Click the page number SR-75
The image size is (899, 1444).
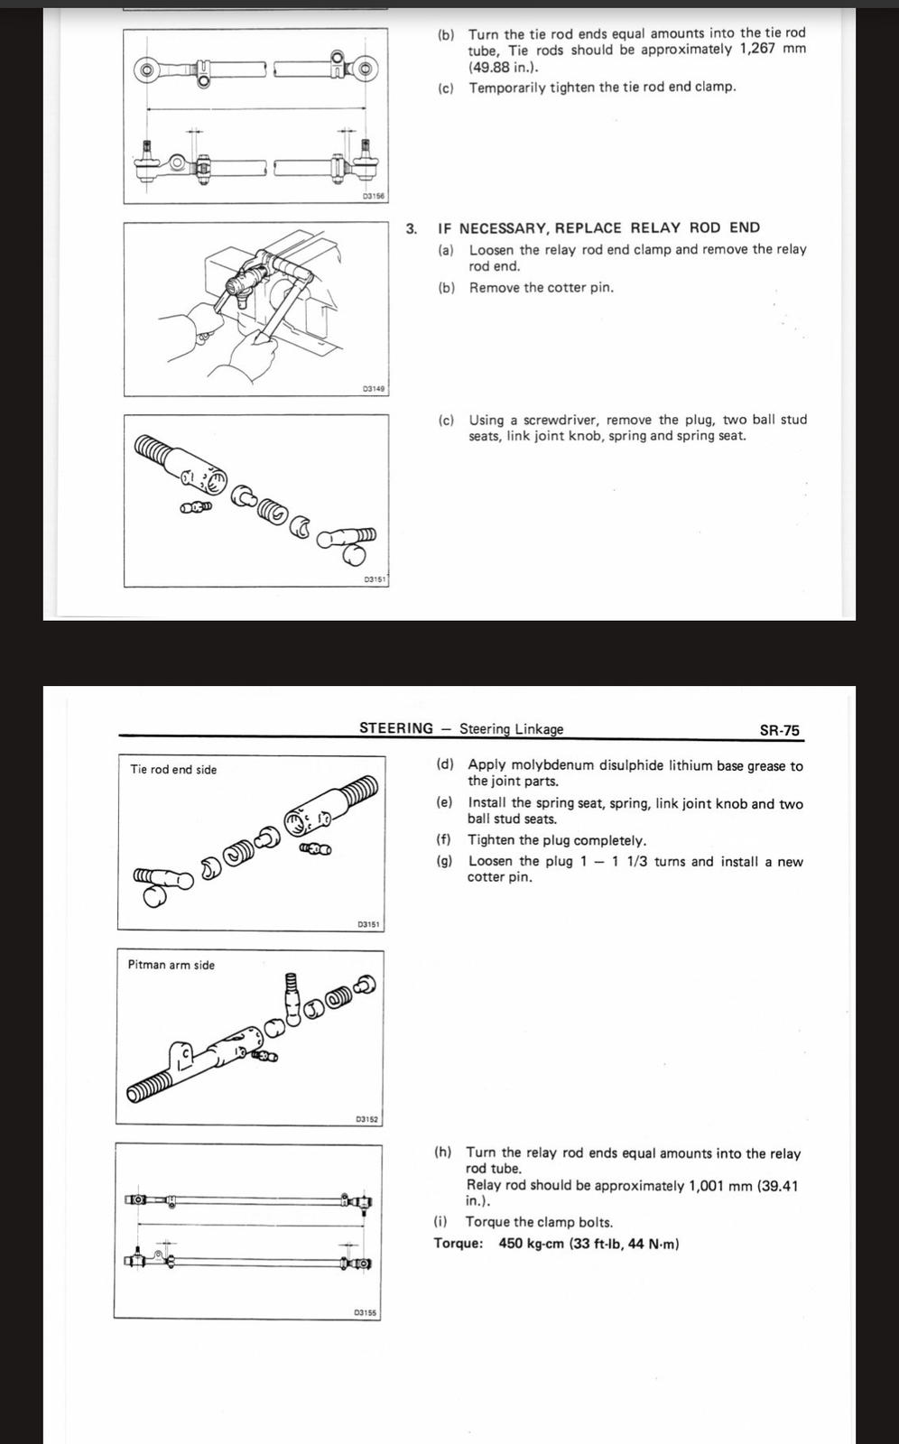(779, 730)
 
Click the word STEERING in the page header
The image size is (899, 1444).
(396, 728)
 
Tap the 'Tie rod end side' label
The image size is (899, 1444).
(173, 770)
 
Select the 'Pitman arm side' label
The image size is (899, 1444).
(171, 965)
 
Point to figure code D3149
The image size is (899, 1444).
(374, 388)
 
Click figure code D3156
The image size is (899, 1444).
(374, 196)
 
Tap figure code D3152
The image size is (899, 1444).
(367, 1119)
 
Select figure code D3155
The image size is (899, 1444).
(366, 1312)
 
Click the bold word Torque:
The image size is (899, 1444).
(459, 1244)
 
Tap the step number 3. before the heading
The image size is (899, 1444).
(412, 228)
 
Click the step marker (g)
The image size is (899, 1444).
(444, 861)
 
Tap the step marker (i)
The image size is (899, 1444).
(440, 1222)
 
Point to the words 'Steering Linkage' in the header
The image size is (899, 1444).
(511, 729)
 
